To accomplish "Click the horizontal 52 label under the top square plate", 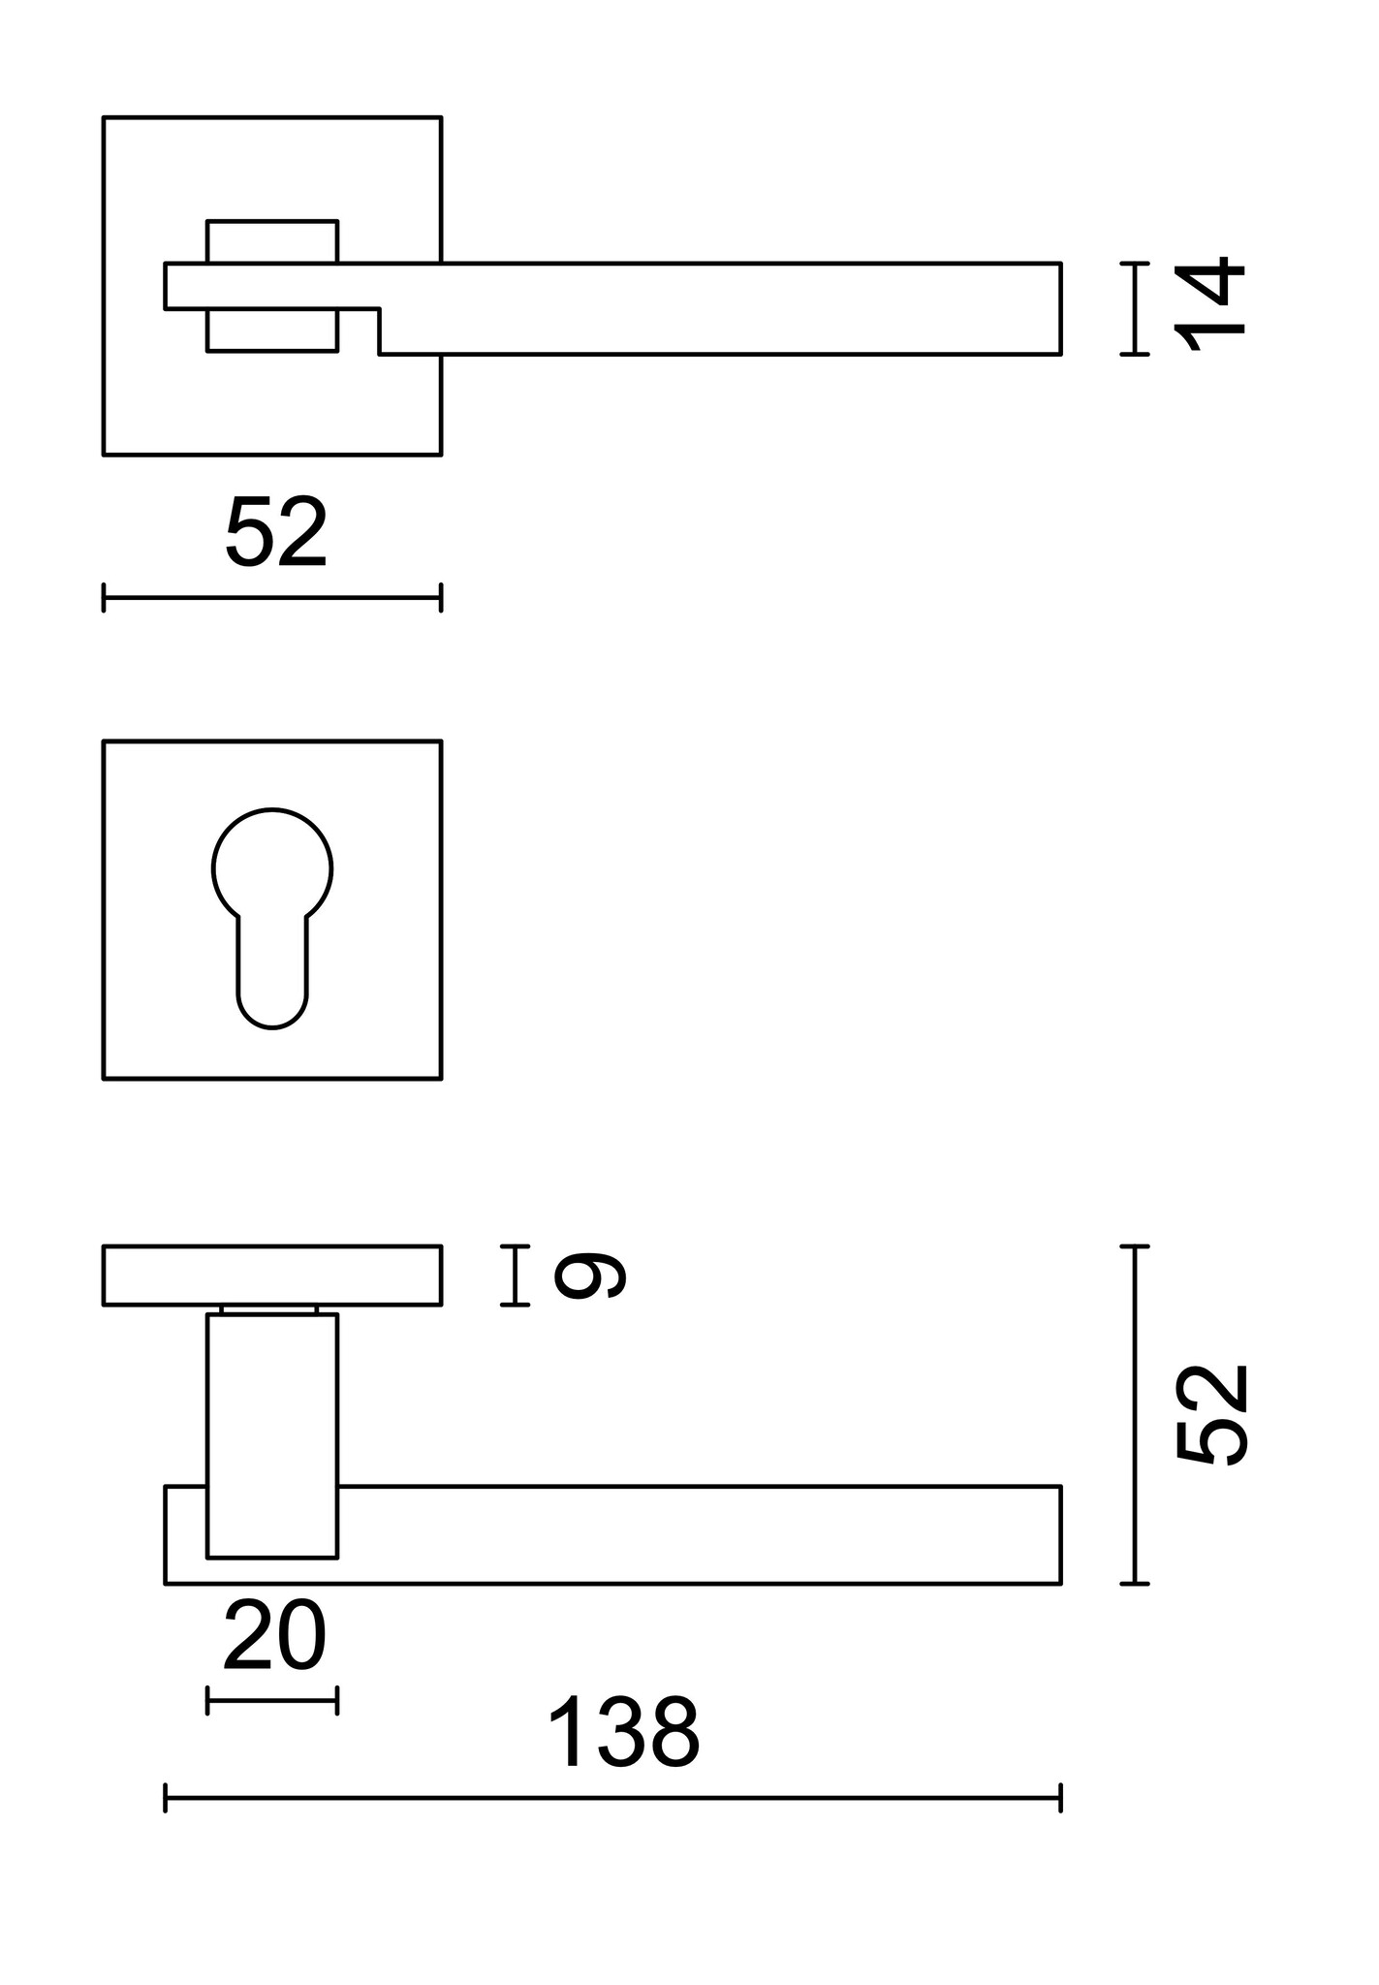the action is click(x=276, y=533).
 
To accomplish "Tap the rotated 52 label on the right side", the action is click(x=1211, y=1414).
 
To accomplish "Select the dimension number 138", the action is click(x=623, y=1733).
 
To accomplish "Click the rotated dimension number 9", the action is click(x=589, y=1275).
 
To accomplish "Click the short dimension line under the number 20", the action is click(x=272, y=1700).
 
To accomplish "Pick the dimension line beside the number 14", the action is click(x=1134, y=308).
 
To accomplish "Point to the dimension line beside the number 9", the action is click(x=515, y=1275).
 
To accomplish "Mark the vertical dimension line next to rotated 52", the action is click(x=1134, y=1414).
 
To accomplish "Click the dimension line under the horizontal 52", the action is click(x=272, y=597).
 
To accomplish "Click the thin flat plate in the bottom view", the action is click(x=272, y=1275).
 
